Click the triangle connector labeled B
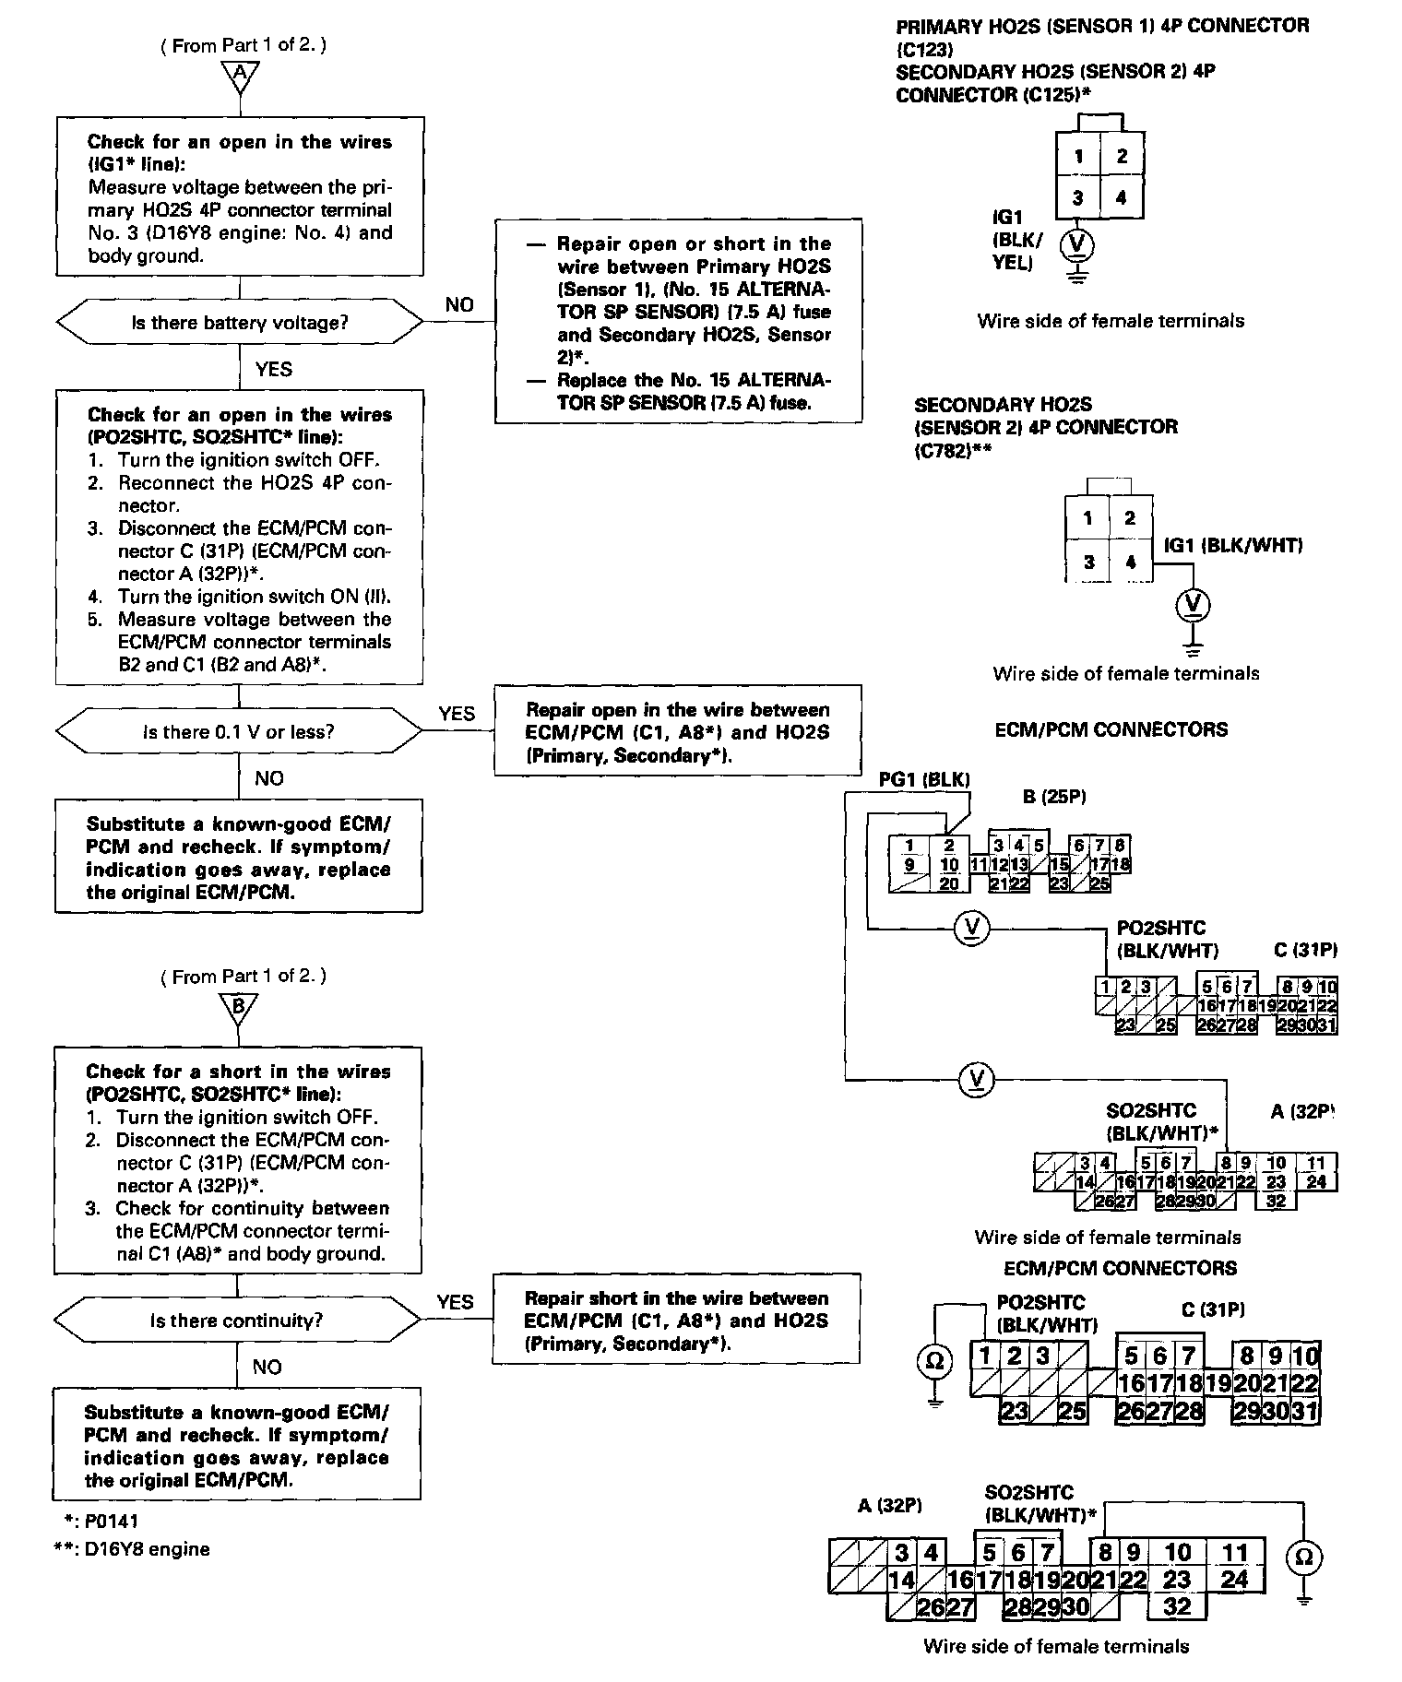[239, 1008]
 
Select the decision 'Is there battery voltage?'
[240, 324]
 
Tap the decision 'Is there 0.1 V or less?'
[239, 732]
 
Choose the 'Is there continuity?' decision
[237, 1321]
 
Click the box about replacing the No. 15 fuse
[679, 321]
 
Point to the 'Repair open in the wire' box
[678, 731]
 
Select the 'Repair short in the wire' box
[676, 1320]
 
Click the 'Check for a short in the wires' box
[238, 1161]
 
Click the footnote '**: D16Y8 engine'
[132, 1548]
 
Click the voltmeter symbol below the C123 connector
[1077, 244]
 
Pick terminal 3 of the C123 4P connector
[1078, 197]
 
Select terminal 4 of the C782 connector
[1131, 562]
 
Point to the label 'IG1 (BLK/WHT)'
[1233, 546]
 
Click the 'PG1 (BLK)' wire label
[924, 779]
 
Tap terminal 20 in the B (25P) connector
[949, 883]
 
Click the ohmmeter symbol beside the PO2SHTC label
[934, 1360]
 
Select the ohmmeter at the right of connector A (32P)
[1303, 1558]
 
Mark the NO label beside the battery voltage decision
[458, 305]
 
